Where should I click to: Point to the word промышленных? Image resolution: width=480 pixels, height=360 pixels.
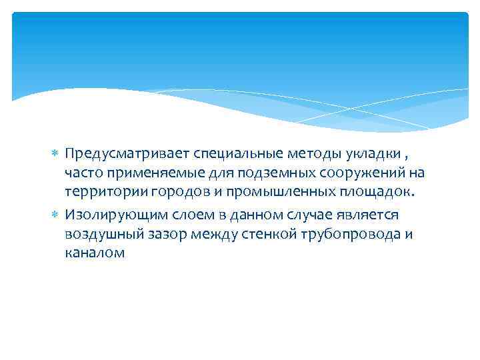point(266,192)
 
